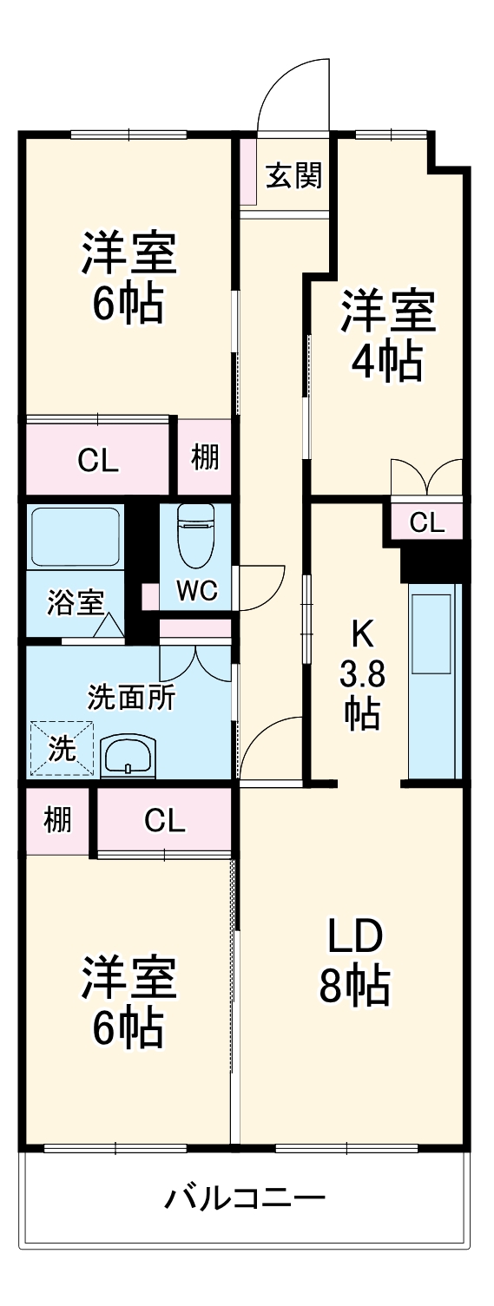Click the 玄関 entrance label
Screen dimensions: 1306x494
pos(293,176)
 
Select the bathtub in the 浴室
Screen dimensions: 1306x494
pos(76,536)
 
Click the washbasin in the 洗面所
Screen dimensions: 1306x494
pos(129,757)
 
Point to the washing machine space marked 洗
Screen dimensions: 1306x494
pos(61,748)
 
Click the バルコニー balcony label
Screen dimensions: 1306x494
pos(246,1199)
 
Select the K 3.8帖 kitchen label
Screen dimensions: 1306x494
pos(361,674)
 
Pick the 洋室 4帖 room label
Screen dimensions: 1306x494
pos(387,336)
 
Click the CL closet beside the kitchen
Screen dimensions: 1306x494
pos(426,522)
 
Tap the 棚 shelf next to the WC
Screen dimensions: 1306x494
pos(205,456)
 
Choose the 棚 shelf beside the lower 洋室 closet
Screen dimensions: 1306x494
pos(57,819)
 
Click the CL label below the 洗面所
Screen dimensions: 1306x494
pos(164,820)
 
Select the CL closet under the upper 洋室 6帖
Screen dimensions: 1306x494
pos(97,460)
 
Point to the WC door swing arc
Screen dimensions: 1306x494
pos(260,586)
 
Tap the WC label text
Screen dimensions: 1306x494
pos(195,590)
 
